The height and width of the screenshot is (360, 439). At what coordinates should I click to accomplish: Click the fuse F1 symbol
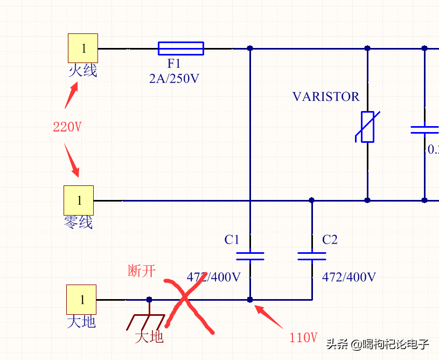pos(181,49)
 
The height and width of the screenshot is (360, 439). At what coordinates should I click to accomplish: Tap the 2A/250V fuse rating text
pos(174,79)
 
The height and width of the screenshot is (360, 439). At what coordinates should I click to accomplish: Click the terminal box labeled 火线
pos(83,48)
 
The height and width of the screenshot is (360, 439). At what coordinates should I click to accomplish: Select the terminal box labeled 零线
pos(79,200)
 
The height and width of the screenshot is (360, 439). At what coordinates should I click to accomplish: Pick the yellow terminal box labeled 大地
pos(81,299)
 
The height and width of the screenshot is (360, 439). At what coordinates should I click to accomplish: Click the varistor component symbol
pos(367,127)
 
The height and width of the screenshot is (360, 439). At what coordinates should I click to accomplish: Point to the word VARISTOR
pos(325,97)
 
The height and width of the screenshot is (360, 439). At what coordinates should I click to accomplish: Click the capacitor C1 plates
pos(250,255)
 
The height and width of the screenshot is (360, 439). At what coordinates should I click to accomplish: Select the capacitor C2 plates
pos(312,255)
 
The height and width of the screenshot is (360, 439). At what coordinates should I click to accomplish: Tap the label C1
pos(232,240)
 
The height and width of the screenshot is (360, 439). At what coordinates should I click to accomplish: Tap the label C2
pos(330,240)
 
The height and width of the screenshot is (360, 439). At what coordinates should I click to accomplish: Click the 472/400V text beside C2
pos(349,277)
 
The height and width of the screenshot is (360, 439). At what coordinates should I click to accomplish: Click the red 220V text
pos(67,127)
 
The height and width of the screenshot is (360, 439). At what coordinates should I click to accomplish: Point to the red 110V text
pos(303,338)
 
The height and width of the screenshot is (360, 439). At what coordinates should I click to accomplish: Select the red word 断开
pos(142,271)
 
